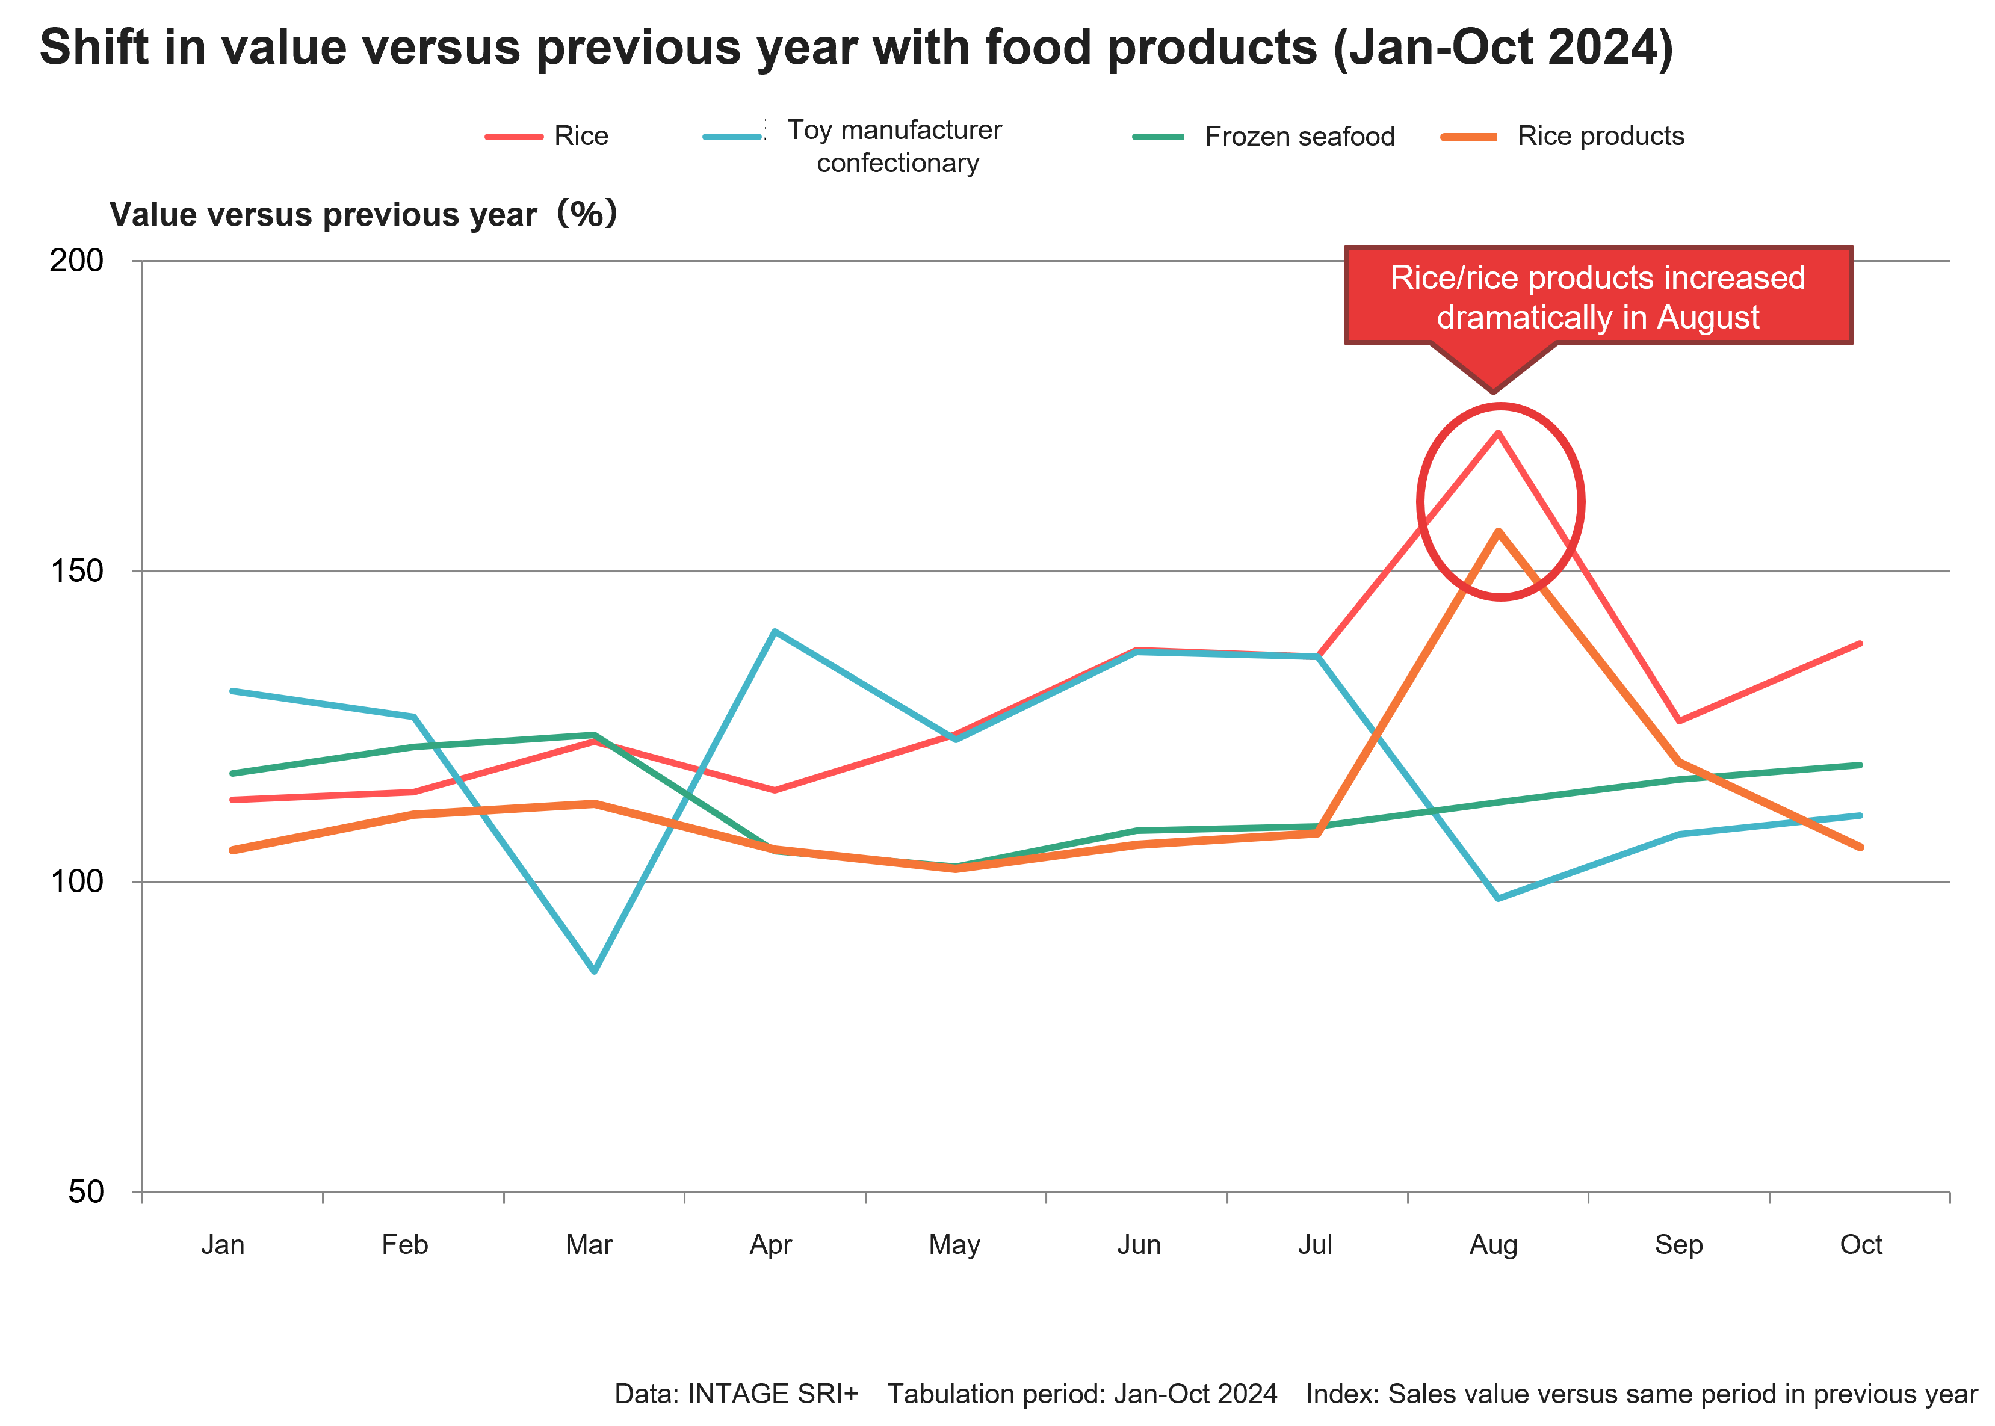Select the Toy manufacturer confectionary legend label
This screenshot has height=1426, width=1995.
coord(897,146)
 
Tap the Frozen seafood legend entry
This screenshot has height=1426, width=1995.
coord(1299,136)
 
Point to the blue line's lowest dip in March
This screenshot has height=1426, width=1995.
coord(595,971)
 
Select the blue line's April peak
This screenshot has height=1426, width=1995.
coord(773,631)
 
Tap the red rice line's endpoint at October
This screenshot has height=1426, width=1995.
coord(1860,644)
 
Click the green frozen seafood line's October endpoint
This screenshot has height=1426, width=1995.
coord(1860,765)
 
